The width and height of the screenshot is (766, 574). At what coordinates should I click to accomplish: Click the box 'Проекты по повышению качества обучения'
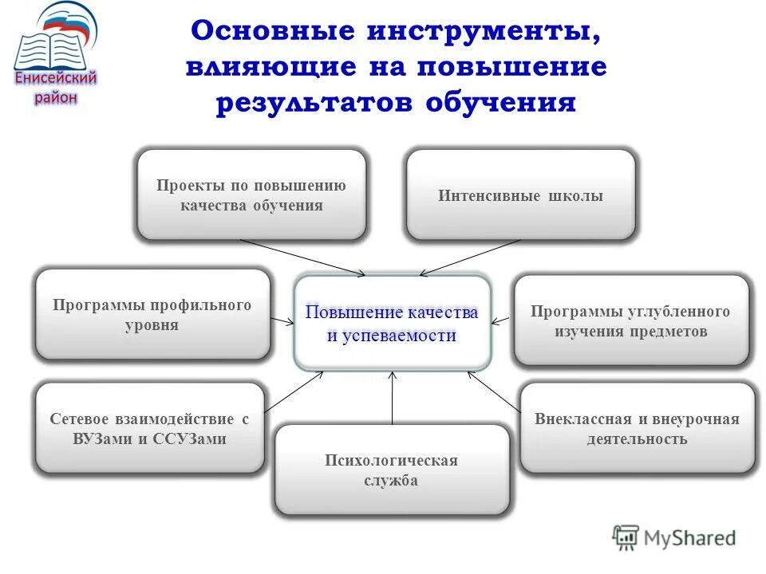[x=251, y=195]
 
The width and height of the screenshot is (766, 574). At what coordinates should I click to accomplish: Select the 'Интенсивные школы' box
[x=520, y=195]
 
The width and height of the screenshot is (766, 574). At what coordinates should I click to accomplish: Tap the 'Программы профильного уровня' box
[x=152, y=315]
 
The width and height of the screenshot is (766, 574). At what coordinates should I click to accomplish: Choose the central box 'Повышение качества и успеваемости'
[x=392, y=323]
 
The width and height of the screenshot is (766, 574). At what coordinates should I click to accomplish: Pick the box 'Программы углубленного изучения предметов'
[x=630, y=320]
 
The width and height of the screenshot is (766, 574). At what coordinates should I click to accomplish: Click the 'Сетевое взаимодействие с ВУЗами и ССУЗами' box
[x=149, y=428]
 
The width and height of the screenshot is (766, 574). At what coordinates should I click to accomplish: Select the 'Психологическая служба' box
[x=391, y=470]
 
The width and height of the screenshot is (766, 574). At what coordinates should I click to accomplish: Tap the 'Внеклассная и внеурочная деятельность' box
[x=637, y=428]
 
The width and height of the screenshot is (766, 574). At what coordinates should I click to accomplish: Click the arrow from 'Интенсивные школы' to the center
[x=471, y=258]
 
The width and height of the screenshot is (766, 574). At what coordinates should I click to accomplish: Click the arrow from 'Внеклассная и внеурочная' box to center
[x=495, y=392]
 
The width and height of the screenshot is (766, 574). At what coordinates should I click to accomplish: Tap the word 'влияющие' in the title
[x=273, y=68]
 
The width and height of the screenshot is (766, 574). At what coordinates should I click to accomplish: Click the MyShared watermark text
[x=689, y=538]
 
